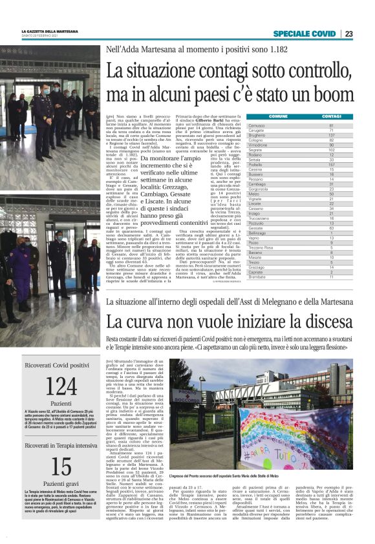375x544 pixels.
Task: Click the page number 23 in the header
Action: pos(348,34)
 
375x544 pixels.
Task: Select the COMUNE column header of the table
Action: pos(279,116)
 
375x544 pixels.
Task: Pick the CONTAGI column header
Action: pos(330,116)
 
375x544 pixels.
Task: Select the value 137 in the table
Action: pos(331,136)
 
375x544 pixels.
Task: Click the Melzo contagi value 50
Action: pos(331,194)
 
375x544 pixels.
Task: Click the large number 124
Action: pos(61,388)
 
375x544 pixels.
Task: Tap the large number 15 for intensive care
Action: pos(61,466)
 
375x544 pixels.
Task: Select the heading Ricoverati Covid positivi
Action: pos(61,365)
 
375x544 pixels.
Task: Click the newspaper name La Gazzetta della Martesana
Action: pos(50,32)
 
